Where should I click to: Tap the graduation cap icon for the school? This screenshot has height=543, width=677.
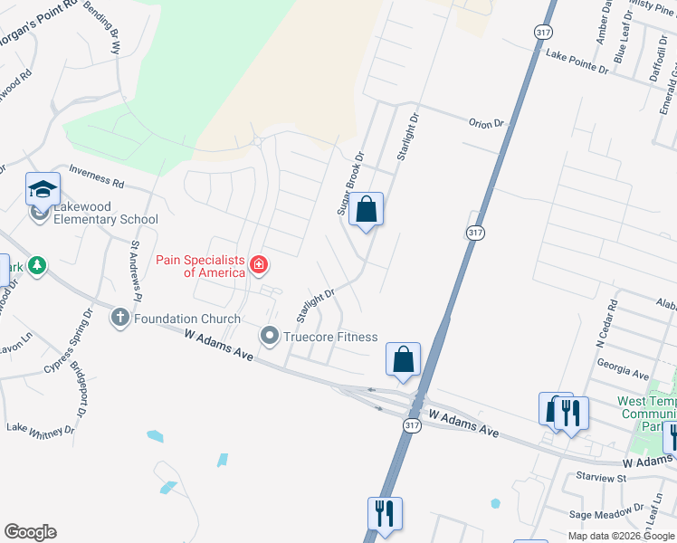(43, 190)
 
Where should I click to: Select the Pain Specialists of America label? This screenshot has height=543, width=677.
(200, 266)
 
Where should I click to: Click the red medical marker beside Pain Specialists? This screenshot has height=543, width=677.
(259, 265)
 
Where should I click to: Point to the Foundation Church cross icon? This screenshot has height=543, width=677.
(119, 318)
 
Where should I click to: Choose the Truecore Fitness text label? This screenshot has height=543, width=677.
(330, 337)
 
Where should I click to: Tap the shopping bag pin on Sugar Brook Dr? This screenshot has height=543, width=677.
(366, 211)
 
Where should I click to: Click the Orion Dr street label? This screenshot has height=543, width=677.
(485, 123)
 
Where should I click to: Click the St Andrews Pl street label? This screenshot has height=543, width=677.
(138, 269)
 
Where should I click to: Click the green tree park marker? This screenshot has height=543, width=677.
(36, 265)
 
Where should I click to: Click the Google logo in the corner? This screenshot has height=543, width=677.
(30, 532)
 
